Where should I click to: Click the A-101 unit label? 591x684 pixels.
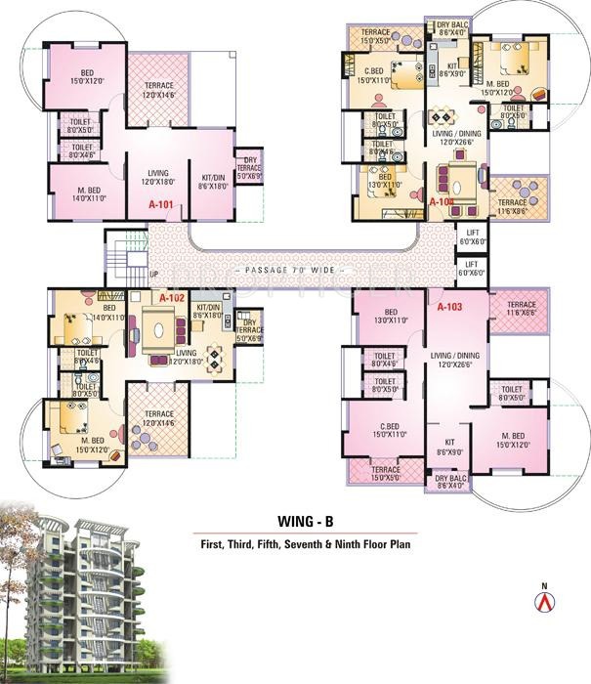(x=160, y=205)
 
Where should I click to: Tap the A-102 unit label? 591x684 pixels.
(x=172, y=297)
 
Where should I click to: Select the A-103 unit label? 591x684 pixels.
(x=449, y=307)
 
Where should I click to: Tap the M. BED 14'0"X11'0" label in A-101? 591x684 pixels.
(x=80, y=193)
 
